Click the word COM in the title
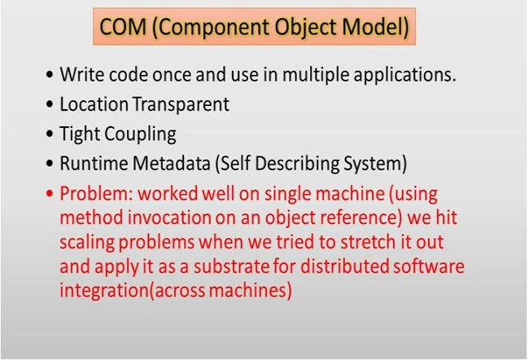(x=123, y=27)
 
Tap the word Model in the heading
(x=375, y=27)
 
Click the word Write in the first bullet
(x=82, y=74)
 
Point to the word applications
(x=404, y=75)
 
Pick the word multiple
(x=316, y=75)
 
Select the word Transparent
(x=181, y=105)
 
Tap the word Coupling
(x=140, y=134)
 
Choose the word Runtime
(x=94, y=164)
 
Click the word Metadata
(x=172, y=164)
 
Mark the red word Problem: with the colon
(x=96, y=194)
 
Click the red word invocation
(x=169, y=217)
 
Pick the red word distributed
(x=344, y=266)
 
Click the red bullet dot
(x=50, y=194)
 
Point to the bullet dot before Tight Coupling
(x=50, y=134)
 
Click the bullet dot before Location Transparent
(x=50, y=104)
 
